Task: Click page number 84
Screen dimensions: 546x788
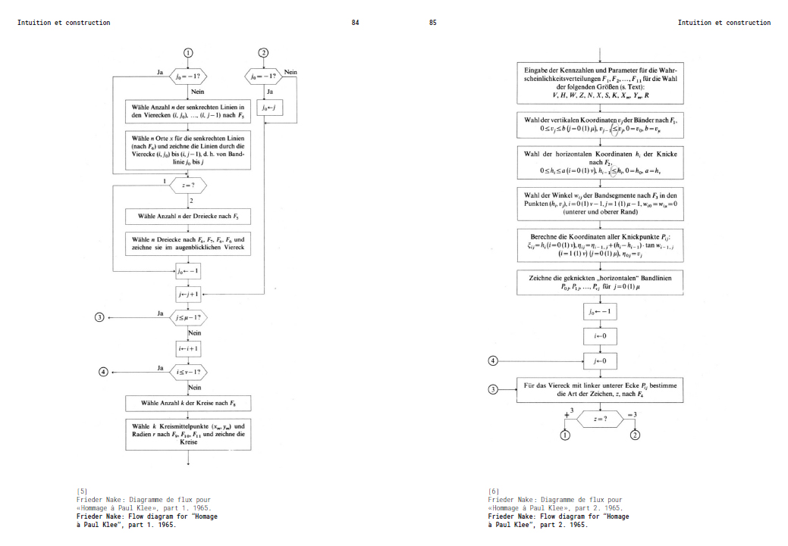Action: (355, 23)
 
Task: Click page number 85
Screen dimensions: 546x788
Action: (432, 23)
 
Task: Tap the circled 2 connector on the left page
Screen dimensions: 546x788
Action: (263, 52)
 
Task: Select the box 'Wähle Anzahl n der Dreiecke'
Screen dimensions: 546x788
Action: (188, 217)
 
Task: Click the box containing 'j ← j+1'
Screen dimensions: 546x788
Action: (188, 294)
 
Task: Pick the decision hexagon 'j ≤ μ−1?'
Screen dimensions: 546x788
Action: (188, 317)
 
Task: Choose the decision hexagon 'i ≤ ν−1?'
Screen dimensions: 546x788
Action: (188, 372)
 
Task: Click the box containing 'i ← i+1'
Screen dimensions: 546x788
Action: (188, 348)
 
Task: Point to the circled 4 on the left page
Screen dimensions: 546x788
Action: (104, 372)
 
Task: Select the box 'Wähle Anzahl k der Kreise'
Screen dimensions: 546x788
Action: (188, 402)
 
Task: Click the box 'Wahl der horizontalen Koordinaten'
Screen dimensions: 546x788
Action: (600, 162)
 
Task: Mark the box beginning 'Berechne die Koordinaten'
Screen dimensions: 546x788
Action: (600, 245)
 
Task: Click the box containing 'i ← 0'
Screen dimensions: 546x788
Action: (600, 334)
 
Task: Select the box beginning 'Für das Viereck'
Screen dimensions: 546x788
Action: (600, 389)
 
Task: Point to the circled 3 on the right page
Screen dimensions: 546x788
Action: (493, 389)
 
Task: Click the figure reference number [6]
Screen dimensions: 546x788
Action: (493, 491)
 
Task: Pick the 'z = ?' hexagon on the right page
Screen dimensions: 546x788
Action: (600, 418)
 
